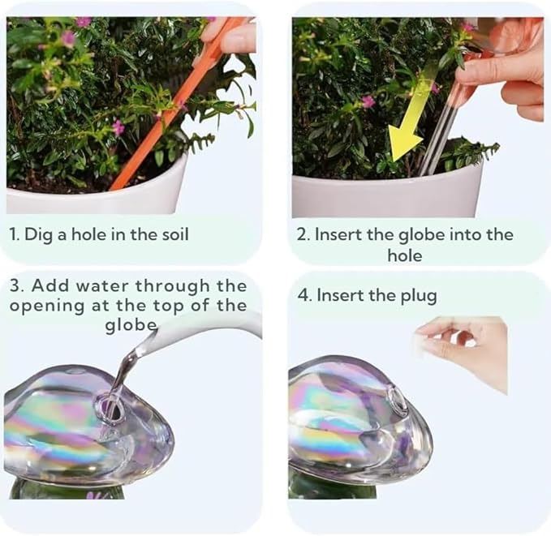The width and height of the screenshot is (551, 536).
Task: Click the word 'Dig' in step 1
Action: [38, 234]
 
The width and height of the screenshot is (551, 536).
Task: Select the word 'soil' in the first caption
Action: [175, 234]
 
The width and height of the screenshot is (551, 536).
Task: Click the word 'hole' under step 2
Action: [405, 255]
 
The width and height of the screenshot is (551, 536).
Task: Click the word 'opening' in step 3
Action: [47, 307]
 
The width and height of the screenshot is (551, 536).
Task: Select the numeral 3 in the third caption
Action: [15, 285]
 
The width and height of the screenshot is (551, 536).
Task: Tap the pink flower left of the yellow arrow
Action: [368, 102]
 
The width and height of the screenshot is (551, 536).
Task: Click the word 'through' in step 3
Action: [172, 286]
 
